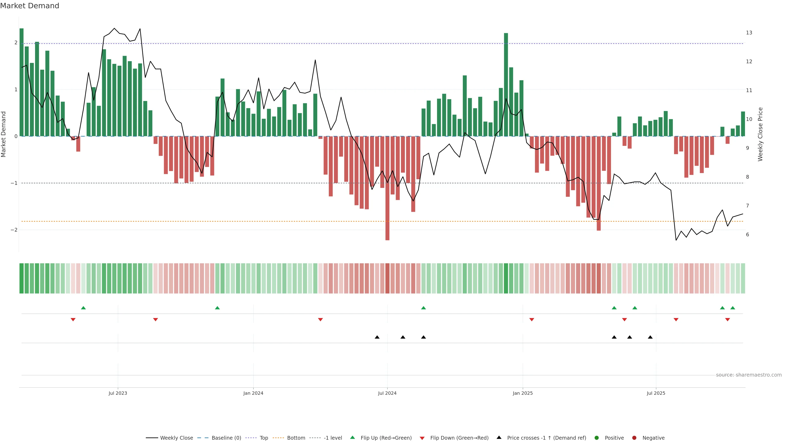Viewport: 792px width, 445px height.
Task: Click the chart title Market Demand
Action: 29,6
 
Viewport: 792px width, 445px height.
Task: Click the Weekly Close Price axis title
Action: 760,134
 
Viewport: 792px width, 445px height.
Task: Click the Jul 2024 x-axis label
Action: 387,393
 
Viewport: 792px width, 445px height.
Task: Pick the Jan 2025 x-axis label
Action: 523,393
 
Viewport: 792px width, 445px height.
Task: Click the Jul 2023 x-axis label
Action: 118,393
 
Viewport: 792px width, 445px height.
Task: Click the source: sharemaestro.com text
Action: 749,375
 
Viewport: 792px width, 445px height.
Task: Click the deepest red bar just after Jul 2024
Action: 387,188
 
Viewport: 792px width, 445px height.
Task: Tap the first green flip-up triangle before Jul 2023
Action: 83,308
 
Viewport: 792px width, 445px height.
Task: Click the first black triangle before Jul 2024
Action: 377,337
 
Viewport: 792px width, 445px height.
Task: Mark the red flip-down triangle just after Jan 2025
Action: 532,320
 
